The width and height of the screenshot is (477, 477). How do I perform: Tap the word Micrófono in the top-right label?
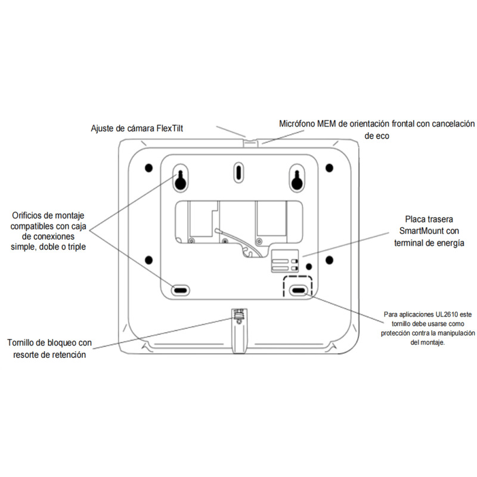pos(300,124)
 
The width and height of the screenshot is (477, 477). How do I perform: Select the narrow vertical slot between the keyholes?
pos(237,172)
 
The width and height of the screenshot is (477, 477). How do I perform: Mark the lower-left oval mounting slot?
pos(179,290)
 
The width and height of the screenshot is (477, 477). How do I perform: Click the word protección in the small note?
pos(395,333)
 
